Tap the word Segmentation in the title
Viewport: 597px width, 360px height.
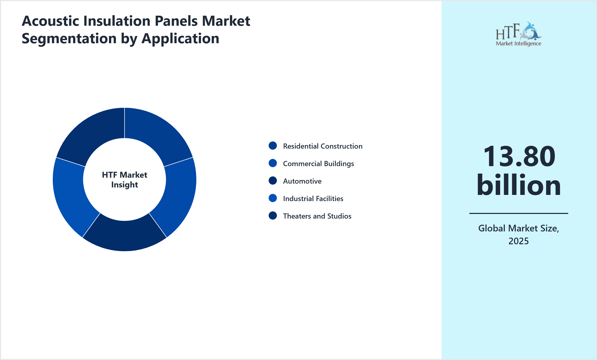(69, 39)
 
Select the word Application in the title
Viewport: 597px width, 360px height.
(180, 39)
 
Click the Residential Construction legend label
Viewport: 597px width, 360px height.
(322, 146)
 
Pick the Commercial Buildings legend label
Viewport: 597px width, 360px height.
(318, 164)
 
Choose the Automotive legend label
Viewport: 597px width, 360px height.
(302, 181)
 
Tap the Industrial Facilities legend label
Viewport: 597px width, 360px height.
(313, 199)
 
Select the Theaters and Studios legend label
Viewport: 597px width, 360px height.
(317, 216)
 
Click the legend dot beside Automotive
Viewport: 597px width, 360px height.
(273, 181)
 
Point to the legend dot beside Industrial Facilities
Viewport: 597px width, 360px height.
(273, 198)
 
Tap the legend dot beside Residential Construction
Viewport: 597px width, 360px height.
(273, 146)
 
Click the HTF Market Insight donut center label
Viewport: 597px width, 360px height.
(125, 179)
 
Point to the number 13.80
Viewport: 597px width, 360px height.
(519, 156)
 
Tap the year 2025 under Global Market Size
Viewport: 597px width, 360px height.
(518, 241)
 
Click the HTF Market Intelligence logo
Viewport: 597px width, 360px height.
(518, 34)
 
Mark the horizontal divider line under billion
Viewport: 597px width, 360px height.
(518, 213)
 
